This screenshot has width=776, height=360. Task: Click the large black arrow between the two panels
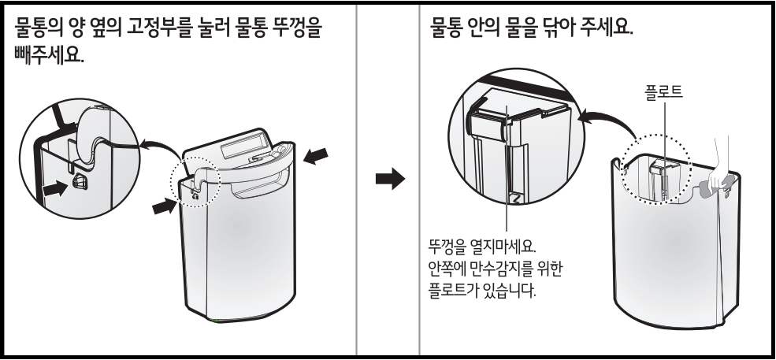(388, 180)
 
